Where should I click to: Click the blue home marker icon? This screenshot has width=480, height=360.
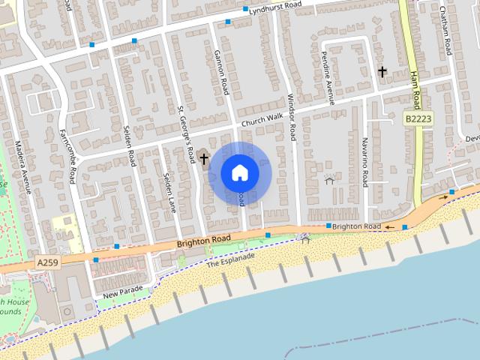pos(240,172)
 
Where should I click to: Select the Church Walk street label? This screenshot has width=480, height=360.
pos(262,119)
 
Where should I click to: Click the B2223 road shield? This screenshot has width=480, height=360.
pos(418,118)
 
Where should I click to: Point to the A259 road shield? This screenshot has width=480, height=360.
pos(45,264)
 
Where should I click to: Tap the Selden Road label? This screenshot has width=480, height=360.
pos(129,146)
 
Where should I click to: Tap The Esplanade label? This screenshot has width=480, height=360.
pos(231,260)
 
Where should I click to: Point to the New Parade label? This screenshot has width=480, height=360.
pos(123,290)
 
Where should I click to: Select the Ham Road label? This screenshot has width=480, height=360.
pos(417,88)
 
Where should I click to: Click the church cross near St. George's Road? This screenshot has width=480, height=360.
pos(203,158)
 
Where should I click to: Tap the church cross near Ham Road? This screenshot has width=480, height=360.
pos(382,72)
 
